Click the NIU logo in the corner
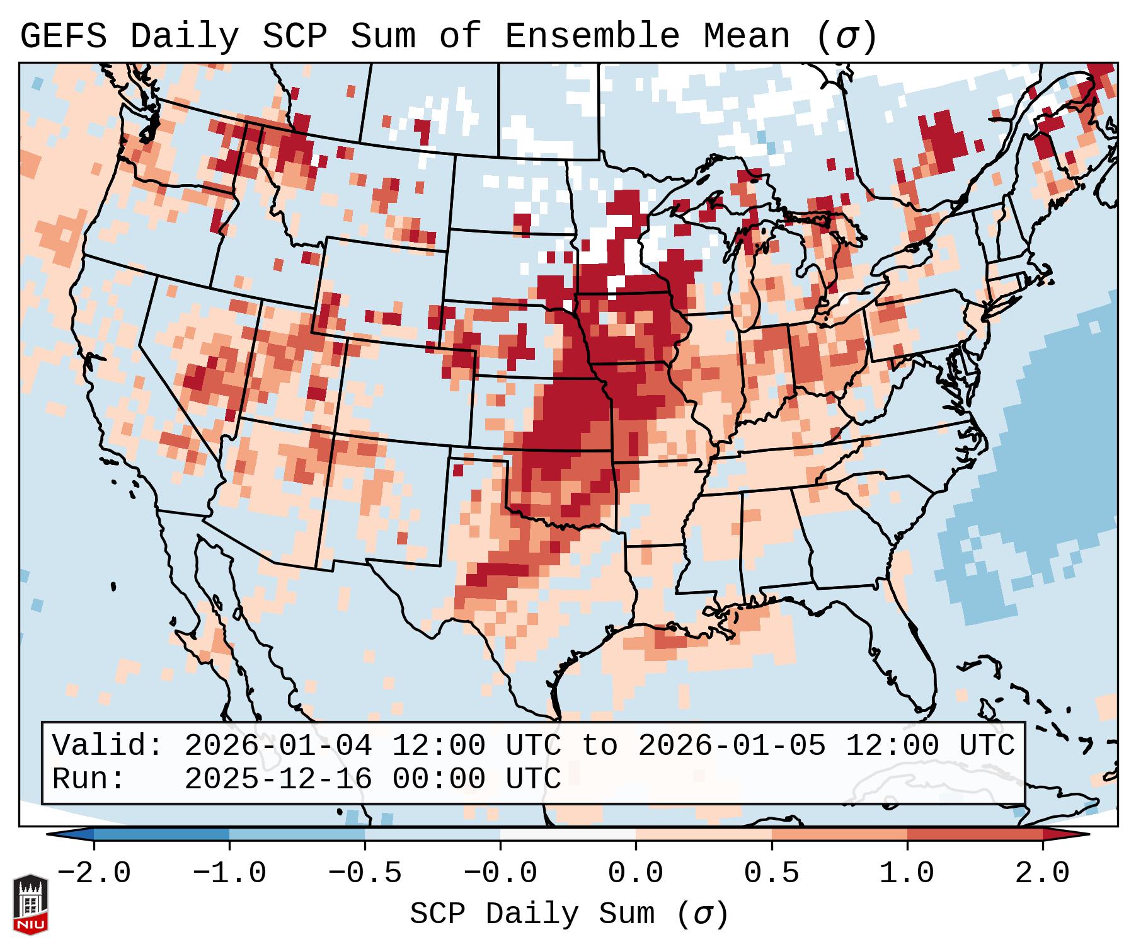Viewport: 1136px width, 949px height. pos(30,904)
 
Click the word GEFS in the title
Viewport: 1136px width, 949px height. pos(63,37)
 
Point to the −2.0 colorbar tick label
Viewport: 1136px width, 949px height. pos(94,873)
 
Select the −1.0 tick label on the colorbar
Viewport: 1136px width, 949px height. pos(229,873)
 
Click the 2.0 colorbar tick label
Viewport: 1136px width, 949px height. pos(1043,873)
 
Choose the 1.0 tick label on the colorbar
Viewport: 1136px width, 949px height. pos(907,873)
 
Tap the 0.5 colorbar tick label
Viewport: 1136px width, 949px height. pos(771,873)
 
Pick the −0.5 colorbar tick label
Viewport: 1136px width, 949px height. pos(365,873)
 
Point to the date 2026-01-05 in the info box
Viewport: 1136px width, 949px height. pos(732,746)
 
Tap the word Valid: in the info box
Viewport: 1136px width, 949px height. pos(108,746)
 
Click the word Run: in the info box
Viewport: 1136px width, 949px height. pos(89,779)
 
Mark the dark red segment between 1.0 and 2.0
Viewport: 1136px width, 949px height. pos(975,834)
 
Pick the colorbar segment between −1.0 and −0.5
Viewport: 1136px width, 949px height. pos(297,834)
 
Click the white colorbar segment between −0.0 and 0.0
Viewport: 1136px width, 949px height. pos(568,834)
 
